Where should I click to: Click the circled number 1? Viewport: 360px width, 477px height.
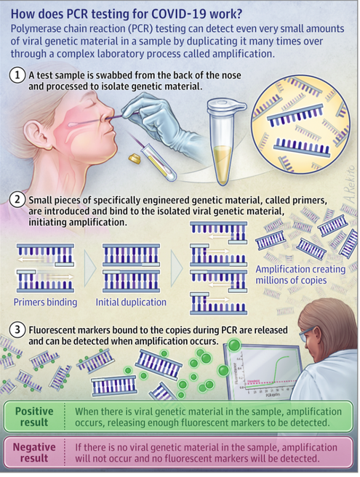[x=17, y=75]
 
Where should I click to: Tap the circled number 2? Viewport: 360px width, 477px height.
[x=17, y=200]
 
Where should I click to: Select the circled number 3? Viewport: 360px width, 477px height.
[x=17, y=330]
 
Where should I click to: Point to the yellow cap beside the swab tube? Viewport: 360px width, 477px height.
[x=135, y=159]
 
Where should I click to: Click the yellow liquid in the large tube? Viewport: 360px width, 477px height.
[x=223, y=162]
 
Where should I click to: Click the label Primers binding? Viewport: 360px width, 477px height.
[x=45, y=302]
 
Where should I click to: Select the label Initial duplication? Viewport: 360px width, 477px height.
[x=131, y=302]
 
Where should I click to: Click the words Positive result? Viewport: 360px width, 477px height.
[x=34, y=417]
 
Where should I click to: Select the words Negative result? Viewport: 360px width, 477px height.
[x=34, y=452]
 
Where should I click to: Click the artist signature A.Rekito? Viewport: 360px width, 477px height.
[x=351, y=184]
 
